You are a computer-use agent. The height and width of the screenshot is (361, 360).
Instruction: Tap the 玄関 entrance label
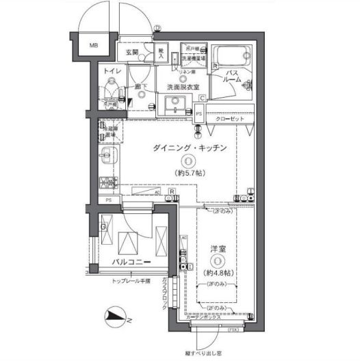click(x=131, y=52)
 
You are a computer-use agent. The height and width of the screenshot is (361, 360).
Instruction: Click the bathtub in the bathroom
click(x=232, y=55)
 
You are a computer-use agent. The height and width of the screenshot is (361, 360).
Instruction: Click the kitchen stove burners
click(x=105, y=183)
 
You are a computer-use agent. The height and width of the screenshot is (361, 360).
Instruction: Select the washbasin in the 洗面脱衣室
click(x=175, y=107)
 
